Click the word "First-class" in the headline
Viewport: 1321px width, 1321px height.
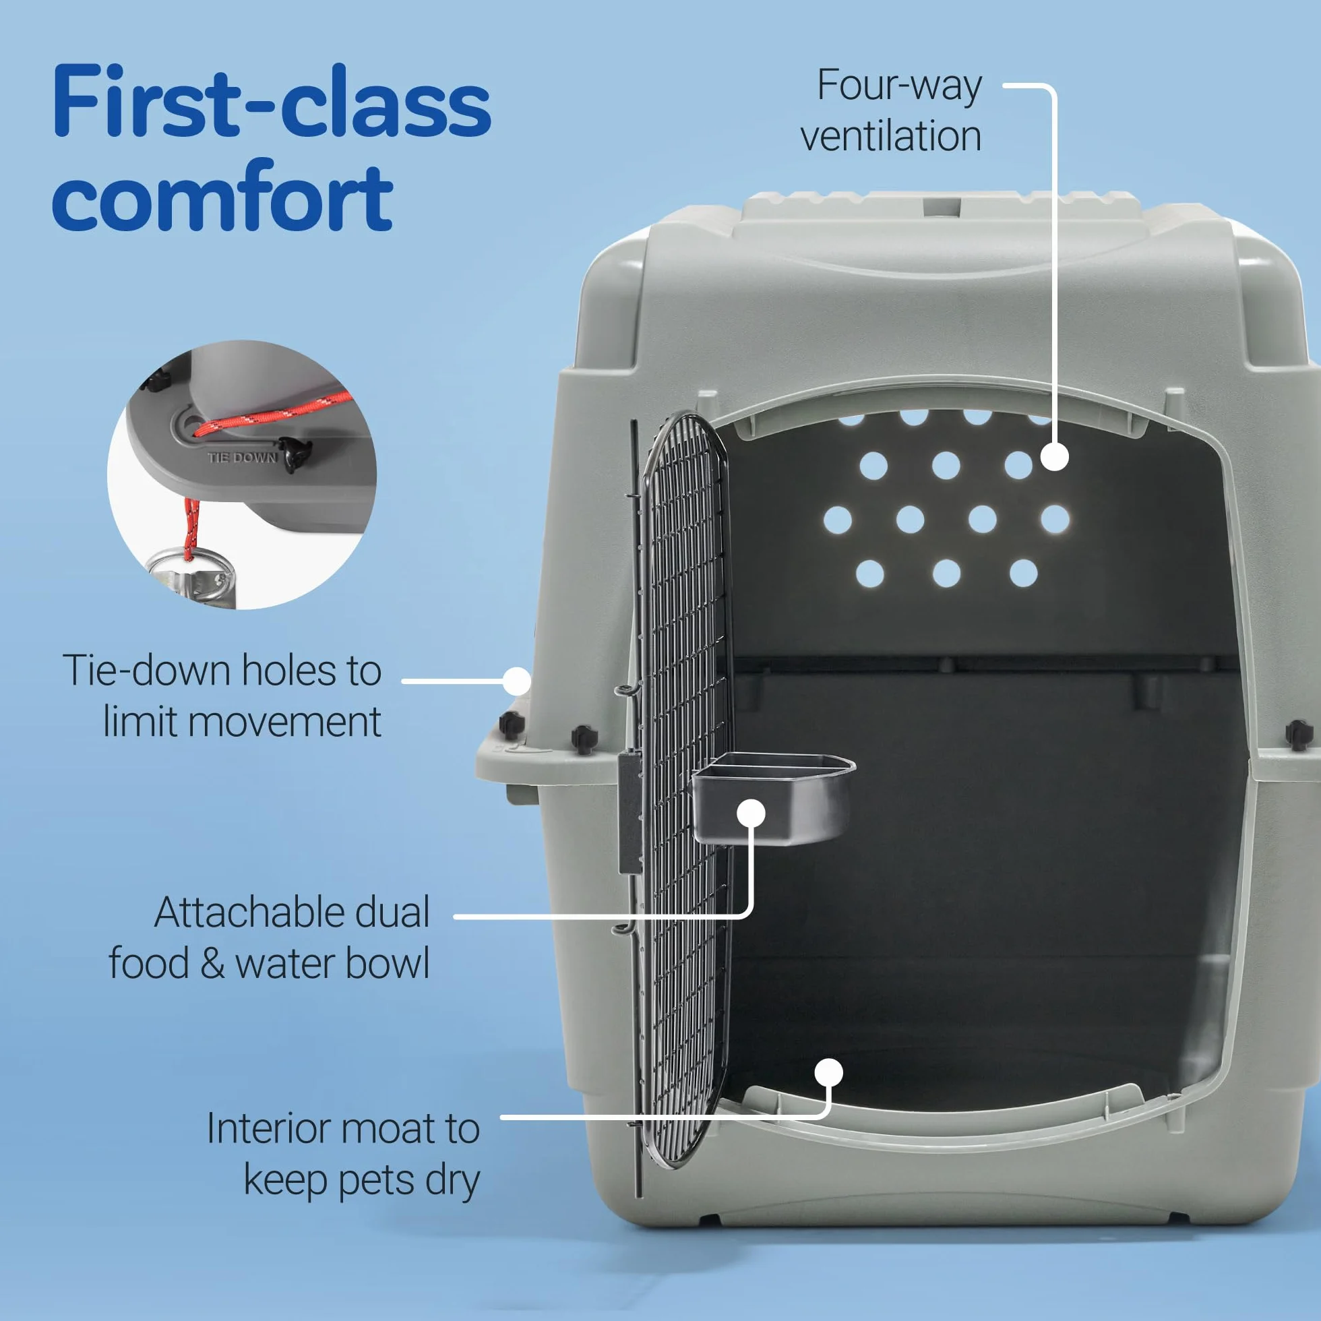tap(272, 100)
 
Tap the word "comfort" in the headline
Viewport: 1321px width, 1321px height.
tap(222, 197)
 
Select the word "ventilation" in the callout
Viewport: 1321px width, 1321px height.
tap(891, 135)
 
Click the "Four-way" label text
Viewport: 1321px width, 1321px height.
tap(900, 86)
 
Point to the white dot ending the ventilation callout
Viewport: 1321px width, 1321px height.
tap(1054, 457)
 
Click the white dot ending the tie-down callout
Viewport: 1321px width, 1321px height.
tap(517, 681)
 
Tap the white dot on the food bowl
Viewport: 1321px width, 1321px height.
tap(751, 813)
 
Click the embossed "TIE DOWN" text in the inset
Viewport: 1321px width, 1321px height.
tap(243, 458)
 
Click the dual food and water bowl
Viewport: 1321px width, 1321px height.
tap(773, 798)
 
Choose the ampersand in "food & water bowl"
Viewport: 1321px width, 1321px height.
tap(213, 964)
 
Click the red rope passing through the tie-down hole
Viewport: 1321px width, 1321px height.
tap(274, 414)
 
